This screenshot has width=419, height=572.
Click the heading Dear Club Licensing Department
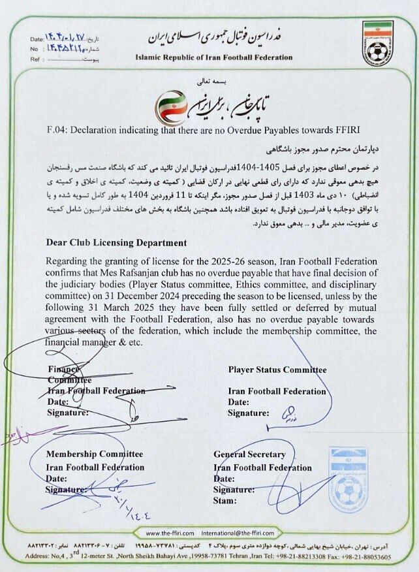point(116,243)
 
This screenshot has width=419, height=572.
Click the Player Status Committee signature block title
point(277,370)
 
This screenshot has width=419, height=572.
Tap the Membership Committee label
point(94,454)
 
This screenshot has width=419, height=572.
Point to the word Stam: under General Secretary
point(225,500)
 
